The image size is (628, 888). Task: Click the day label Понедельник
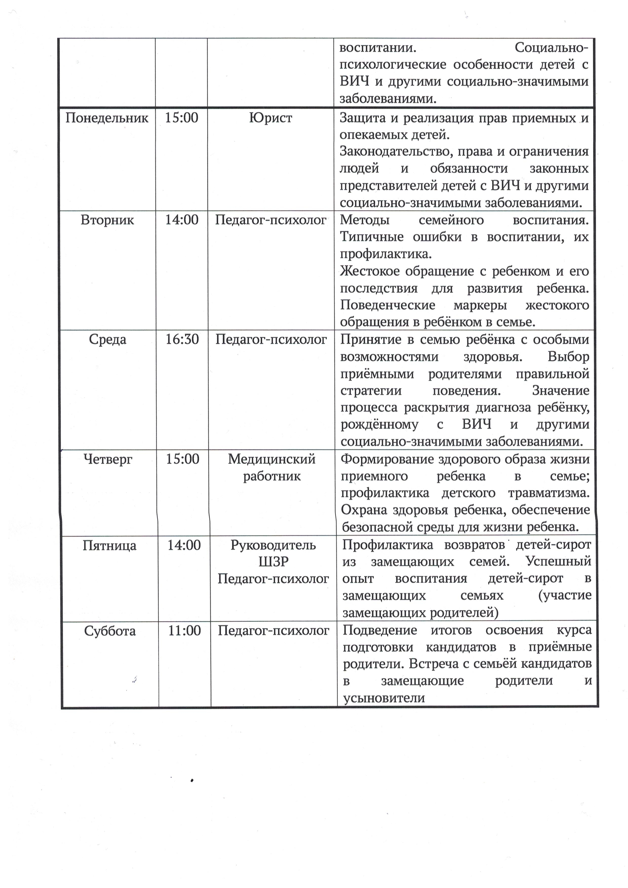(x=107, y=118)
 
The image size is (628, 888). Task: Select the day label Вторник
(x=107, y=220)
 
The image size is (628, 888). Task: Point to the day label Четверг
(x=108, y=459)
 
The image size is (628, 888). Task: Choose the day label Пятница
(x=109, y=546)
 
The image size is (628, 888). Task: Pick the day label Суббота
(x=110, y=631)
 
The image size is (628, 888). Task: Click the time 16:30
(x=182, y=340)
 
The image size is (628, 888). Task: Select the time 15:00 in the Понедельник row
(x=181, y=118)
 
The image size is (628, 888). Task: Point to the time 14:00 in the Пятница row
(x=184, y=545)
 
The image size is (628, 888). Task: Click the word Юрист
(x=271, y=118)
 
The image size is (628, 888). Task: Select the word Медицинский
(x=272, y=459)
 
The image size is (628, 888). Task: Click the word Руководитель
(x=273, y=545)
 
